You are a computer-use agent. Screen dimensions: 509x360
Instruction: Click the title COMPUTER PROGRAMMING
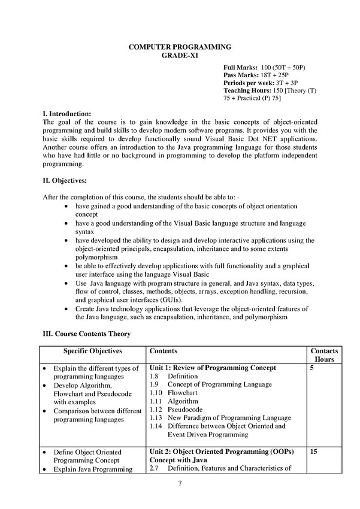(179, 46)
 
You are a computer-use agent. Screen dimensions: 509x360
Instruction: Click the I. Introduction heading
(66, 113)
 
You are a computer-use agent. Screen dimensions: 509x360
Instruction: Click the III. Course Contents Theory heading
(86, 333)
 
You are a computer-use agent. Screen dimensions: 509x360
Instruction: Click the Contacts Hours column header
(323, 355)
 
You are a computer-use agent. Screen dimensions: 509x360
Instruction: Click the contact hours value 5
(312, 368)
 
